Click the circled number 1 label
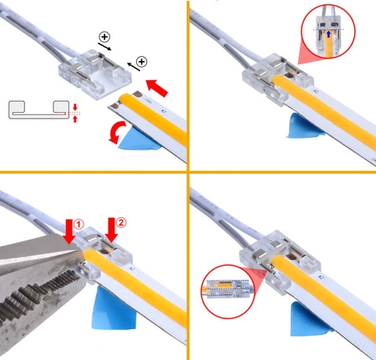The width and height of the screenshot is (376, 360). pos(79,224)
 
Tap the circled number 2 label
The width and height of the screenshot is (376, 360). pos(121,222)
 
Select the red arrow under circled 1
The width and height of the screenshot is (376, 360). pos(69,231)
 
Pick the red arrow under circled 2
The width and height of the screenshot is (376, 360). pos(111,230)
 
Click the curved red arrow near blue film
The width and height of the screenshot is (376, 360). pos(115,133)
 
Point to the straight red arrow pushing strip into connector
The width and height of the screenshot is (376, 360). pos(157,88)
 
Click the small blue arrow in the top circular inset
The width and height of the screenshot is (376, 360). pos(328,34)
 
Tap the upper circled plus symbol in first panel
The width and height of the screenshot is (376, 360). pos(104,37)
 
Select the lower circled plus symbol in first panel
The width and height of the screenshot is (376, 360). pos(141,62)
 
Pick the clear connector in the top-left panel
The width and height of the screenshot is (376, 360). pos(94,74)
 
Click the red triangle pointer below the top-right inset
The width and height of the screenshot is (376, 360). pos(307,56)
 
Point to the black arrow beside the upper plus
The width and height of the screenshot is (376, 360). pos(104,47)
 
